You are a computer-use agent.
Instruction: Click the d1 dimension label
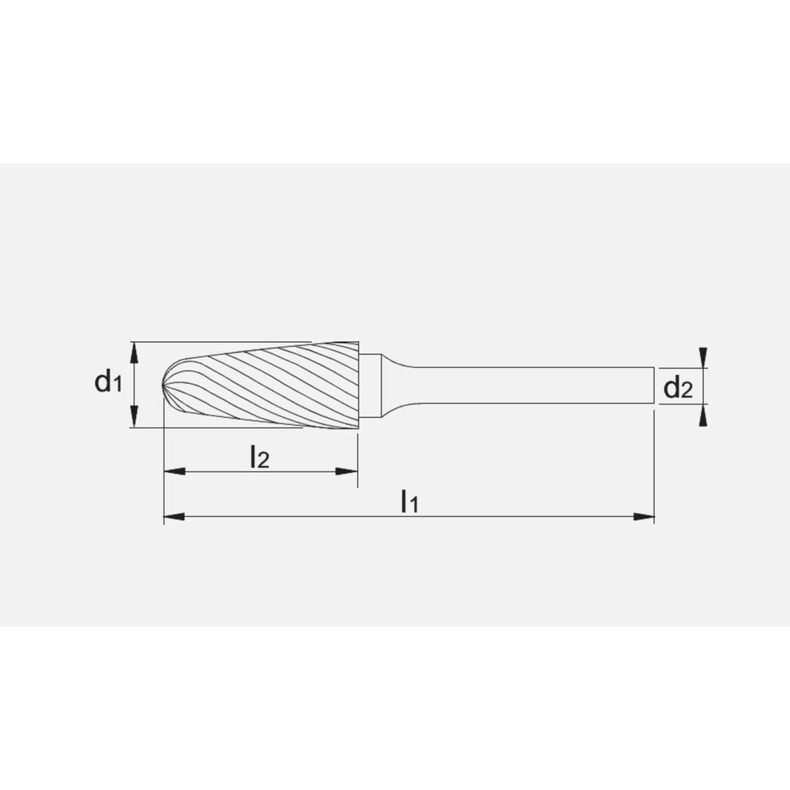click(x=108, y=384)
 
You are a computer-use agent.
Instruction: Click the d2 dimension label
click(x=678, y=387)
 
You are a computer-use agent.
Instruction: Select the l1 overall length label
click(x=408, y=501)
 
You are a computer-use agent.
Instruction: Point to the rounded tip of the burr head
click(x=166, y=386)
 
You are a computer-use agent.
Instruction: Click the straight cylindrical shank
click(x=537, y=386)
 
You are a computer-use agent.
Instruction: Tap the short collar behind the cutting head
click(x=371, y=385)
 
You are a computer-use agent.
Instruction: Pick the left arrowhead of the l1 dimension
click(x=173, y=517)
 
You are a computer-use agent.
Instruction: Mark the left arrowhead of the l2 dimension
click(x=173, y=472)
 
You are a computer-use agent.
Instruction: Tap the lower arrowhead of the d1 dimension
click(x=135, y=417)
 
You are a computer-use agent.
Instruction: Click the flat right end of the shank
click(x=653, y=386)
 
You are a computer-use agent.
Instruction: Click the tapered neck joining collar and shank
click(x=399, y=386)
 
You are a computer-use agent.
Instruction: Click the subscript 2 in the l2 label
click(x=263, y=460)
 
